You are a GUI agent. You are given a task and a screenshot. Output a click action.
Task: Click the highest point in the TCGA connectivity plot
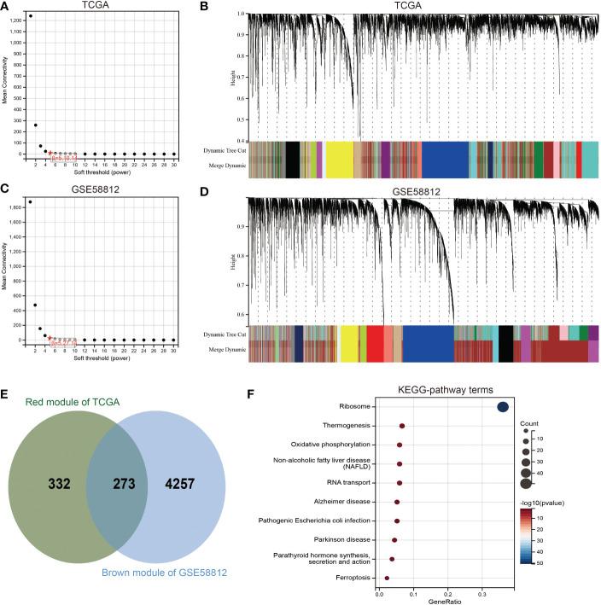pyautogui.click(x=31, y=15)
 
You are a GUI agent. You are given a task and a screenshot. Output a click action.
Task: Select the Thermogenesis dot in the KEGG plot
pyautogui.click(x=402, y=426)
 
